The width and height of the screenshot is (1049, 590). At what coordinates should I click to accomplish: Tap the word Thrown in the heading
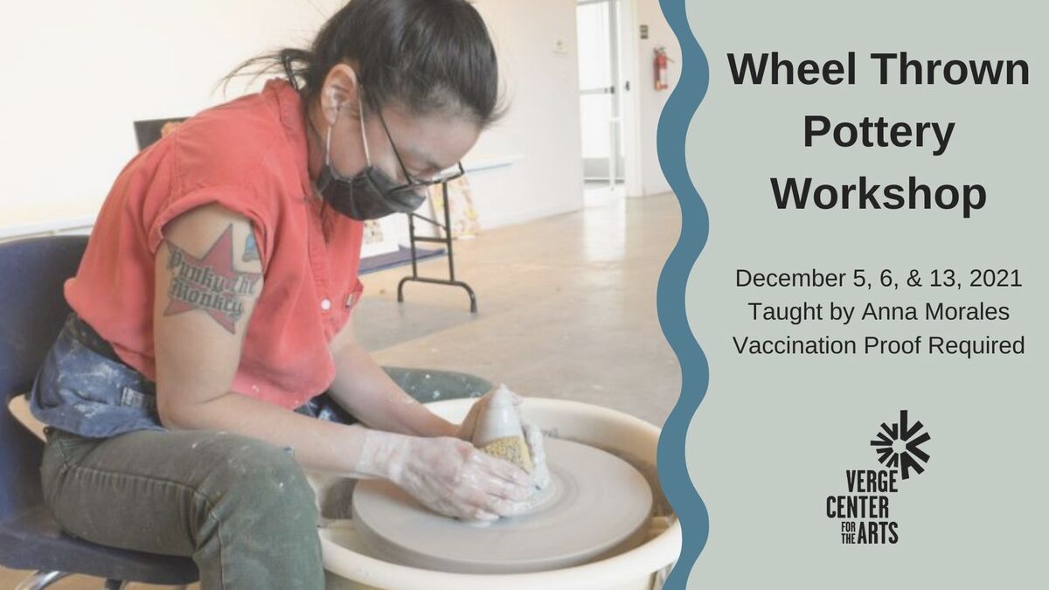(952, 69)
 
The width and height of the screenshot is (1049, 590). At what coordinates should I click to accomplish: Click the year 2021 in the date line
(996, 278)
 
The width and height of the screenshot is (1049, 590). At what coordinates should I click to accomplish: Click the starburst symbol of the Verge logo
(900, 443)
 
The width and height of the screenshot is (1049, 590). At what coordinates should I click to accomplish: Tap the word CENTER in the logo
(858, 507)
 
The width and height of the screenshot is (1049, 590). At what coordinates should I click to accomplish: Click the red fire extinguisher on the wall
(661, 68)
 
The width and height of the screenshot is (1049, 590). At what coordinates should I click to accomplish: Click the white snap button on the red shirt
(325, 305)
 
